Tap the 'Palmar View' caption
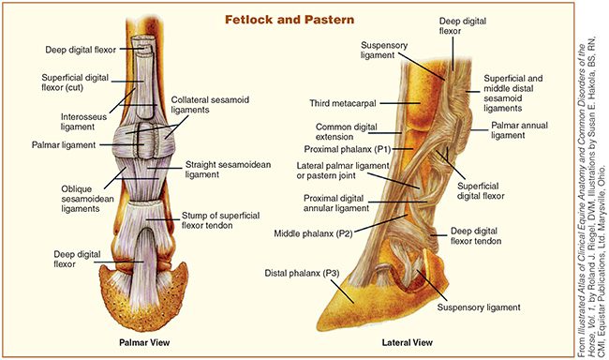pos(141,341)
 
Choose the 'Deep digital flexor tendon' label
pos(485,236)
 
